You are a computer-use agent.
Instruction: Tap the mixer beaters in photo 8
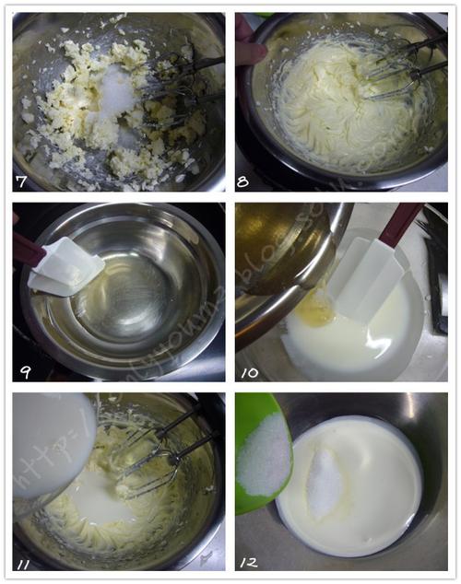click(x=396, y=69)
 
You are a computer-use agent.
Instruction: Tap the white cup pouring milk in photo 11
click(x=51, y=447)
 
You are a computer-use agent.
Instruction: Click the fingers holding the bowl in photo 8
click(x=247, y=46)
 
